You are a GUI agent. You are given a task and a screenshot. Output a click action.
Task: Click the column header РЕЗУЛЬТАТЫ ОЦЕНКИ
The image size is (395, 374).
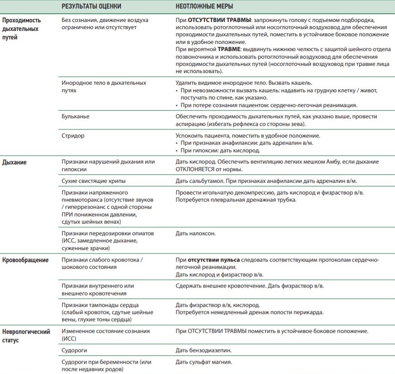pyautogui.click(x=91, y=7)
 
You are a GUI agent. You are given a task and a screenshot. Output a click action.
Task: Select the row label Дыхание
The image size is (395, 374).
pyautogui.click(x=15, y=162)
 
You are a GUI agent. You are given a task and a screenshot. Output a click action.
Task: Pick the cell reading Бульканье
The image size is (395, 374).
pyautogui.click(x=75, y=116)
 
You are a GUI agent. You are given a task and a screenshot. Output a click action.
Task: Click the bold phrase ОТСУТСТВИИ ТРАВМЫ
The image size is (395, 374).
pyautogui.click(x=213, y=21)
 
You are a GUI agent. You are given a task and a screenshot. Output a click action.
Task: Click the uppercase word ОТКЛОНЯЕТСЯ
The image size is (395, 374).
pyautogui.click(x=195, y=169)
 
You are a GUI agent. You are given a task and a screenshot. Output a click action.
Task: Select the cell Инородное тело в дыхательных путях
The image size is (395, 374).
pyautogui.click(x=103, y=86)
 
